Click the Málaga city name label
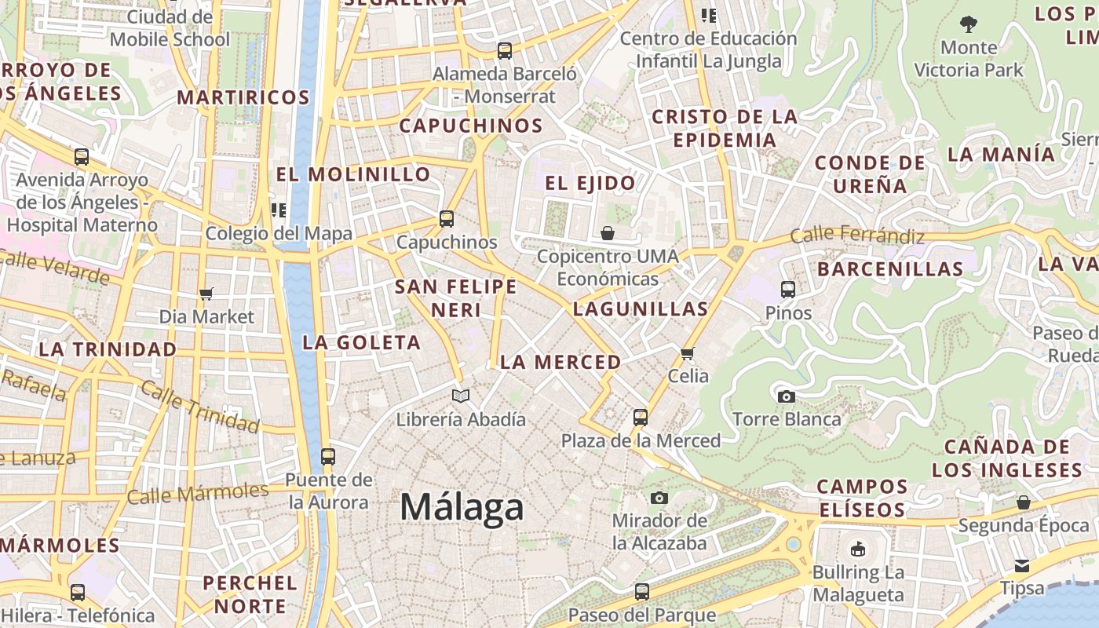click(x=462, y=507)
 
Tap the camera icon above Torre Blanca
click(x=786, y=396)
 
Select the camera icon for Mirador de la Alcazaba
click(x=659, y=498)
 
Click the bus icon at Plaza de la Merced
click(x=641, y=417)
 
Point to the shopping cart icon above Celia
click(x=688, y=353)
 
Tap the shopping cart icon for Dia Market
click(x=206, y=294)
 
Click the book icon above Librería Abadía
click(x=461, y=396)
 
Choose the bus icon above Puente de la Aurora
click(x=328, y=456)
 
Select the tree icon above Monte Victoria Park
click(x=969, y=24)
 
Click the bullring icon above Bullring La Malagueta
click(x=857, y=549)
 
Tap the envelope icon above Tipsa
click(x=1021, y=565)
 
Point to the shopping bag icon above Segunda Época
click(x=1023, y=502)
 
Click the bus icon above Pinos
click(x=788, y=290)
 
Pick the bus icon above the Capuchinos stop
click(x=447, y=219)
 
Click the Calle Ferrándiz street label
click(x=857, y=234)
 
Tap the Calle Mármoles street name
click(x=198, y=494)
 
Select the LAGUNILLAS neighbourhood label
click(x=641, y=309)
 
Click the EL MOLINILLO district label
click(x=353, y=174)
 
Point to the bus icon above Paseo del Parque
click(x=642, y=591)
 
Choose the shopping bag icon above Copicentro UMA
click(x=608, y=233)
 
